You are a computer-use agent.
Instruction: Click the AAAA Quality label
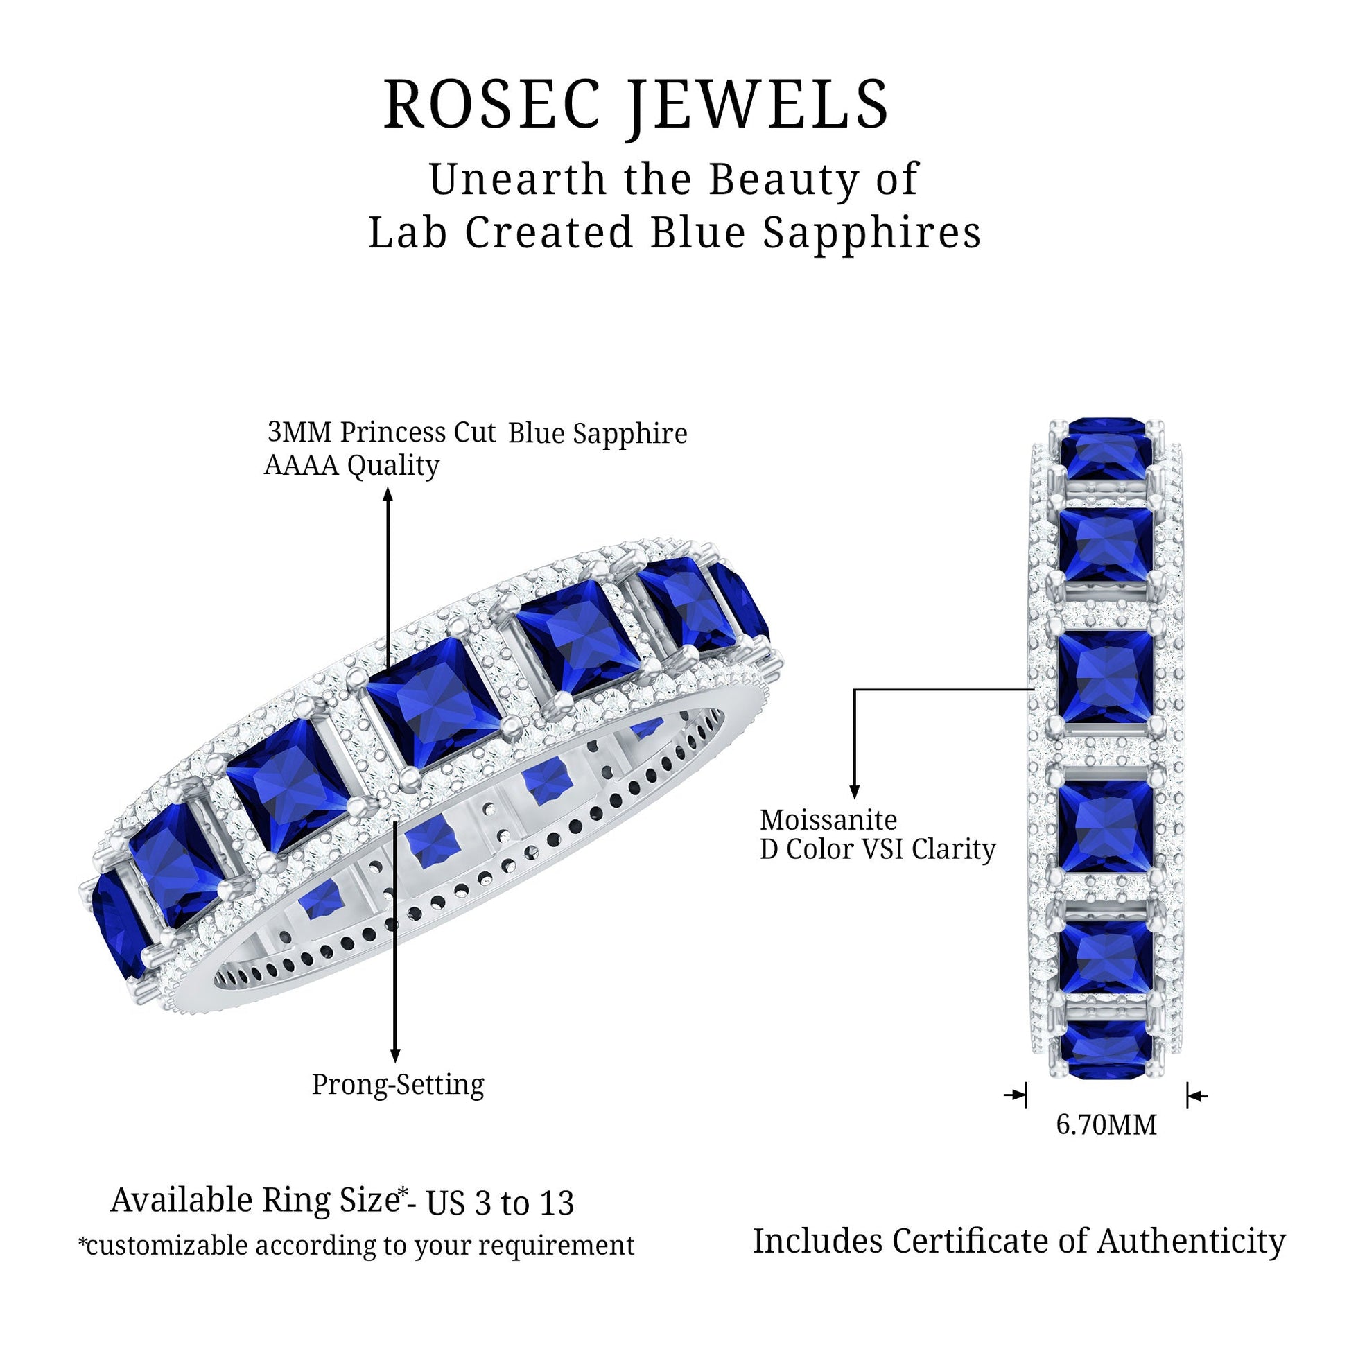pyautogui.click(x=351, y=466)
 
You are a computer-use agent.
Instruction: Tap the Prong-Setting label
pyautogui.click(x=397, y=1084)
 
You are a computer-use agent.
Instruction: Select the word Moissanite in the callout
pyautogui.click(x=828, y=819)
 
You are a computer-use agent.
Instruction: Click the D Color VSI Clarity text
pyautogui.click(x=878, y=850)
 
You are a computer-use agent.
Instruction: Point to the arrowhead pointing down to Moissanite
pyautogui.click(x=854, y=791)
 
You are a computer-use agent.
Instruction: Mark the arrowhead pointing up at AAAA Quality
pyautogui.click(x=388, y=495)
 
